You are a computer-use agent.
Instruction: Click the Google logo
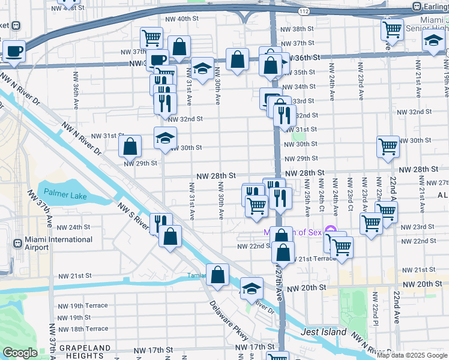(20, 353)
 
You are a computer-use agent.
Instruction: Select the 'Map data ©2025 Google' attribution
(412, 355)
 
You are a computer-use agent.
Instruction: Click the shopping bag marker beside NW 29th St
(130, 146)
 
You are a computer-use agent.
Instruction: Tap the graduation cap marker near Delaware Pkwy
(252, 288)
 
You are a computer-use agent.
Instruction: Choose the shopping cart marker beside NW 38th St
(392, 28)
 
